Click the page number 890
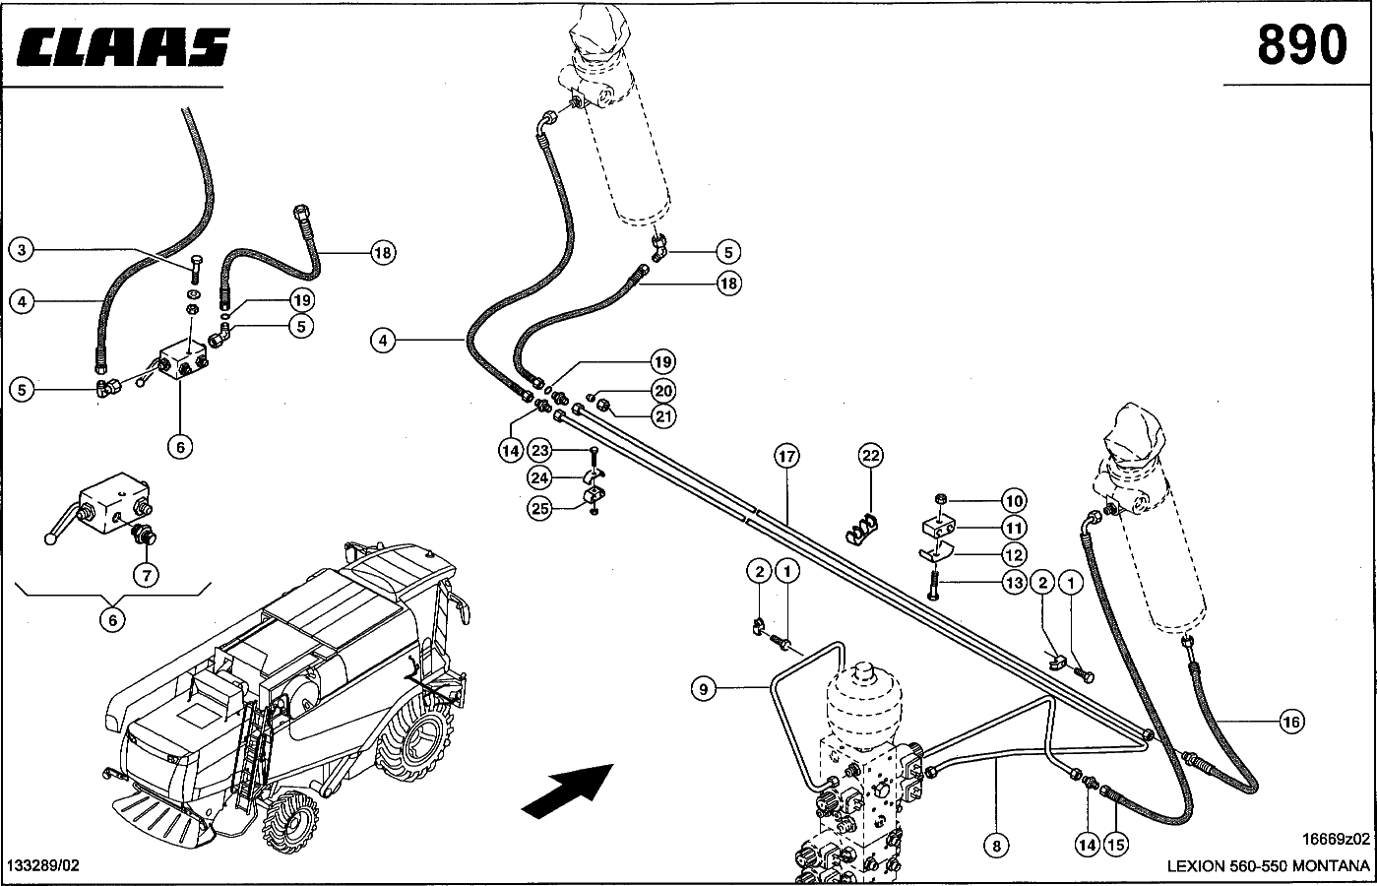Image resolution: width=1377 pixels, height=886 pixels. pos(1300,45)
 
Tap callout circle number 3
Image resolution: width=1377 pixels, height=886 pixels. pos(22,250)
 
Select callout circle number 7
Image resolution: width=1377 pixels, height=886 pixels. pos(146,575)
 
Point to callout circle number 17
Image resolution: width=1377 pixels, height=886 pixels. pos(786,456)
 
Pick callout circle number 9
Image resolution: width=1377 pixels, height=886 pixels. pos(703,688)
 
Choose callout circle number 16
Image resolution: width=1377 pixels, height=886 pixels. pos(1291,722)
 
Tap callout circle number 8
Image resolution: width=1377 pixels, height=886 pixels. pos(995,844)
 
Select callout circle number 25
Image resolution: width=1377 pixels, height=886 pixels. pos(539,508)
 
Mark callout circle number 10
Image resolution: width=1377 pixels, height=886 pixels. pos(1014,501)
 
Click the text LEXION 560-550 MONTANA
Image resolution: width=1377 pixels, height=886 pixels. pos(1268,866)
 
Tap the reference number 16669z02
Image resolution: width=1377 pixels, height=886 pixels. pos(1335,839)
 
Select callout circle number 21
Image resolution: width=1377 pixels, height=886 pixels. pos(664,416)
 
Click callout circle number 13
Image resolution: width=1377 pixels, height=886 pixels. pos(1014,583)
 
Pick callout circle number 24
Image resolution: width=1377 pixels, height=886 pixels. pos(539,478)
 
